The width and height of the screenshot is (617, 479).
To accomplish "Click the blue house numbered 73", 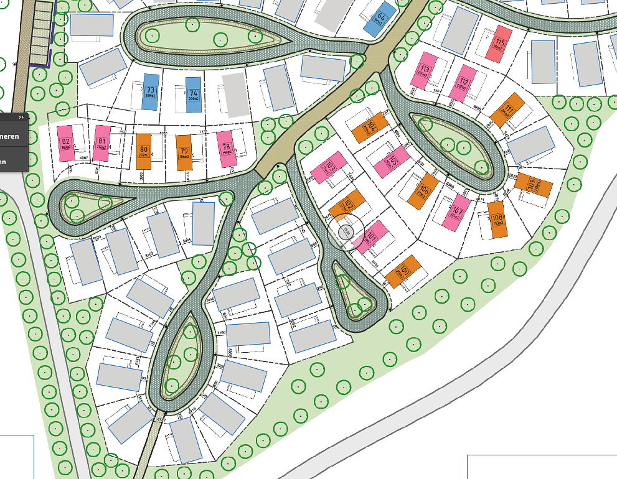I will pos(150,92).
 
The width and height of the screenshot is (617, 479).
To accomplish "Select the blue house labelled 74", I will pos(194,95).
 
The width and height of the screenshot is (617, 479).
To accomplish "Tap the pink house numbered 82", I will pos(65,144).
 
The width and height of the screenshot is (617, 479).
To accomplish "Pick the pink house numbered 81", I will pos(101,144).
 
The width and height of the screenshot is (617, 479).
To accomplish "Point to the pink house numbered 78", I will pos(226,149).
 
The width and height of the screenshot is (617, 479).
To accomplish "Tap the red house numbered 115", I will pos(499,44).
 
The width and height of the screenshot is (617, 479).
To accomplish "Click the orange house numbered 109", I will pos(534,185).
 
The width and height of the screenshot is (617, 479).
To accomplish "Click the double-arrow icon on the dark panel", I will pos(21,117).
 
